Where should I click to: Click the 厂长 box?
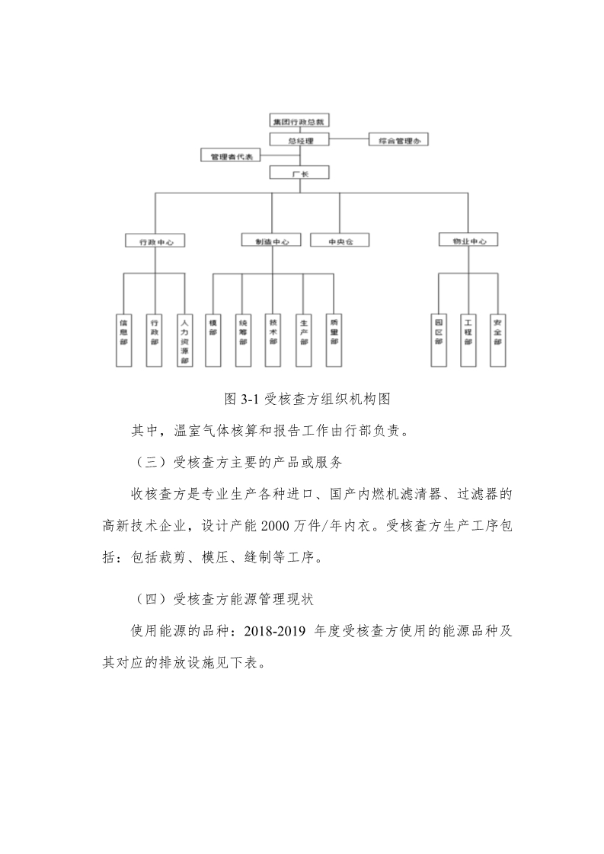point(300,174)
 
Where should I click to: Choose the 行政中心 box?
point(155,241)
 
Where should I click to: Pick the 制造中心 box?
point(272,241)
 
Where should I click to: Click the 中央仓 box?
point(339,241)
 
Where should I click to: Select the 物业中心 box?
point(468,241)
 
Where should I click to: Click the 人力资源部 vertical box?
point(184,339)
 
